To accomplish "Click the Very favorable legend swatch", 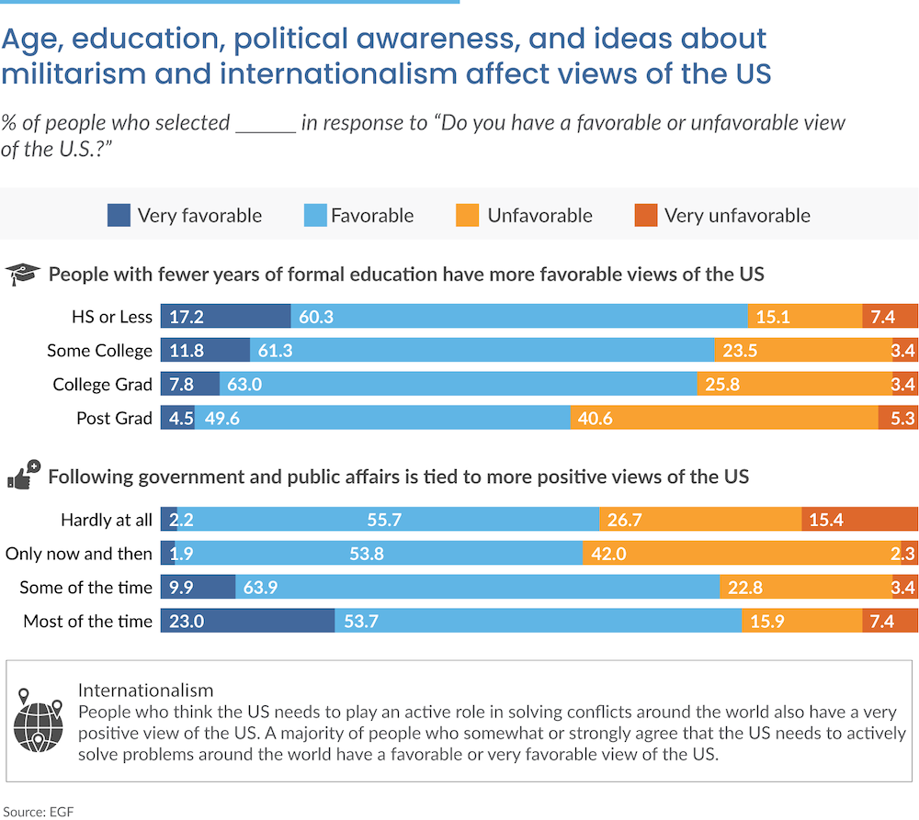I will (x=119, y=216).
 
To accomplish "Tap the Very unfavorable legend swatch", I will (x=645, y=216).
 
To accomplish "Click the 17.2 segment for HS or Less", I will (x=226, y=317).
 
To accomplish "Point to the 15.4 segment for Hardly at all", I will (x=859, y=520).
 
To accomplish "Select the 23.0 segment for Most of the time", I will (x=247, y=621).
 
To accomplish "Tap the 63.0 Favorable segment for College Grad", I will (x=459, y=384).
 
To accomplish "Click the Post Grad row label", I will (x=114, y=418).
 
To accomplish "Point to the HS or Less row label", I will (x=111, y=317).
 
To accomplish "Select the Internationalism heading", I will (x=145, y=690).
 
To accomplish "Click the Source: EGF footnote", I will (x=40, y=810).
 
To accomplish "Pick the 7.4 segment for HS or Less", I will (x=890, y=317).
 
